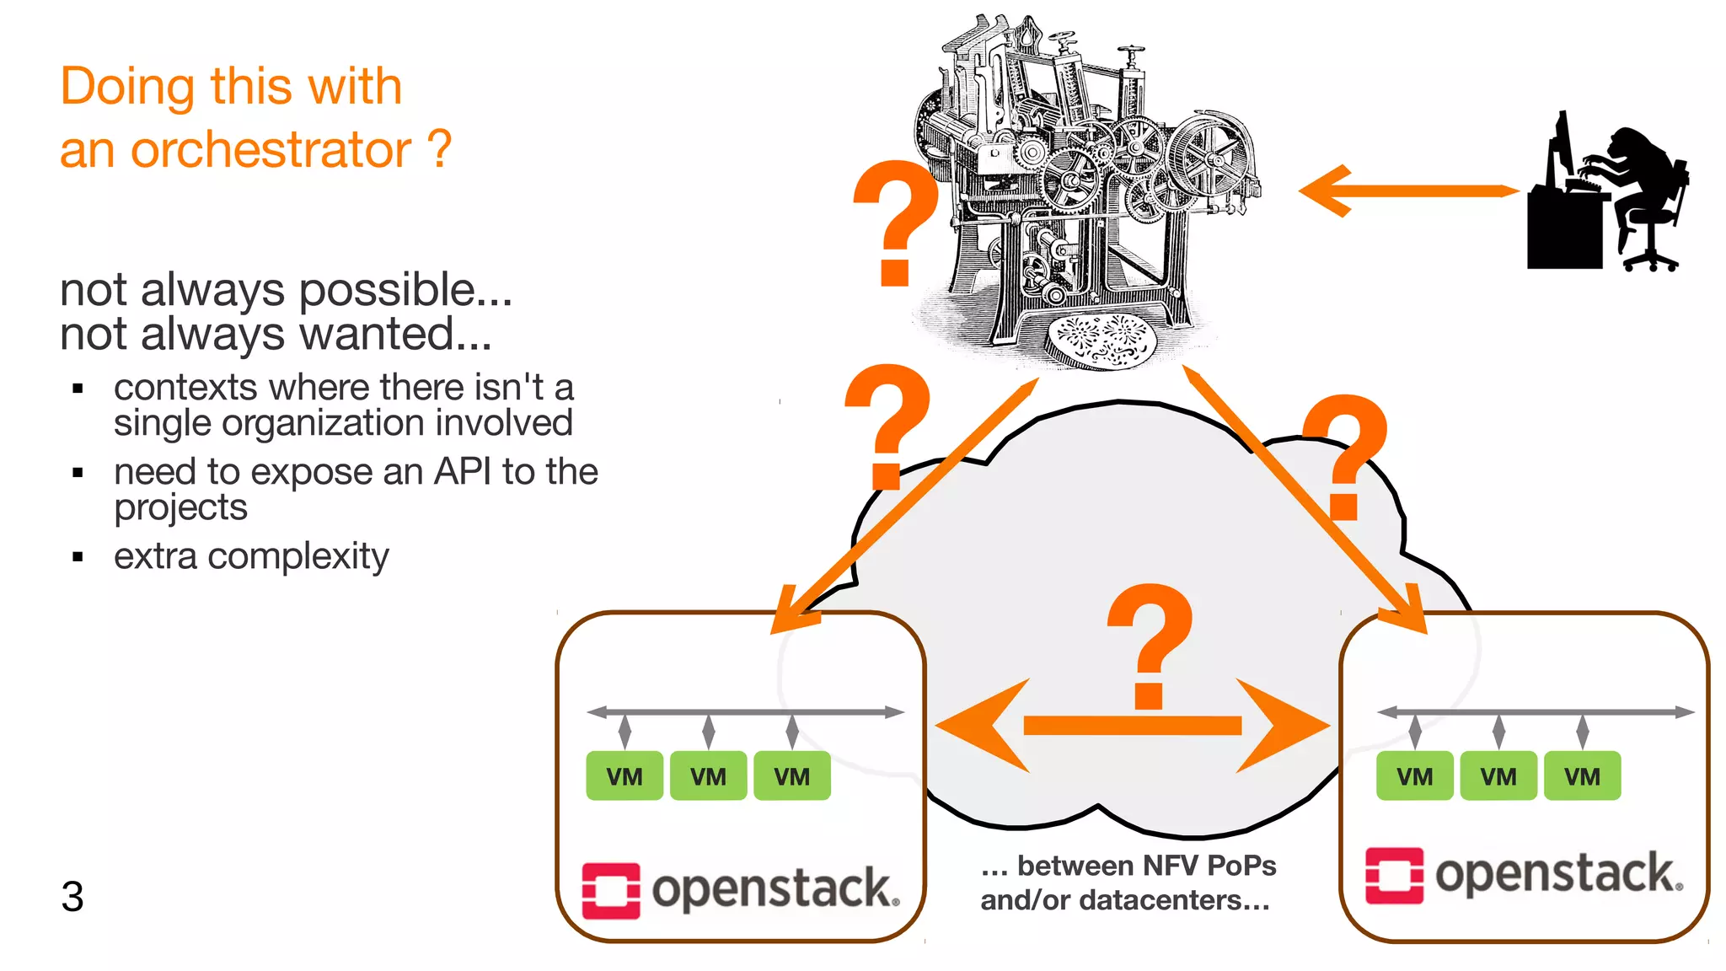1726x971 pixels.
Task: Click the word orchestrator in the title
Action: (x=271, y=150)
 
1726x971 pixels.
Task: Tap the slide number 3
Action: (x=72, y=896)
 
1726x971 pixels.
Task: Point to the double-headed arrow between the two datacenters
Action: (x=1132, y=726)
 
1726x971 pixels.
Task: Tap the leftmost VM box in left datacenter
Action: (x=624, y=775)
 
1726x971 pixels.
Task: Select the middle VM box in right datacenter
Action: (x=1498, y=775)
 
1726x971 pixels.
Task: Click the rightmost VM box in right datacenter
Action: (x=1582, y=775)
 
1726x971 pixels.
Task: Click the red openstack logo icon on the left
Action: (x=611, y=890)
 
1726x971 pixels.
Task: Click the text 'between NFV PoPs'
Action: (x=1146, y=866)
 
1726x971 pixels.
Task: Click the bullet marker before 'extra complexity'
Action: (x=78, y=556)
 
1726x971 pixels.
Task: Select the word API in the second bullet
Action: (x=462, y=472)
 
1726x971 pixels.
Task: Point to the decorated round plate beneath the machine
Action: (x=1101, y=341)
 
